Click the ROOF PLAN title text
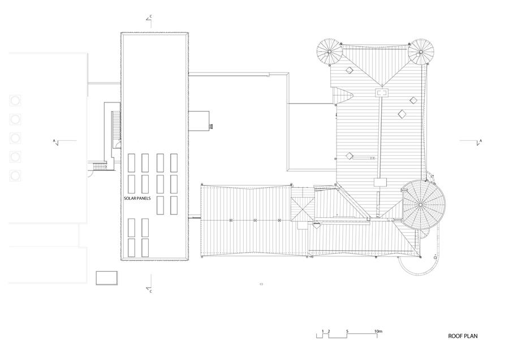(463, 336)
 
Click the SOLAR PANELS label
(137, 198)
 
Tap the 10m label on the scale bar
(378, 331)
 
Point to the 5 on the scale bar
(347, 331)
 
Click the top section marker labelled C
(150, 19)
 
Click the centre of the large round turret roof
(421, 205)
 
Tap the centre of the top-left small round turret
(330, 52)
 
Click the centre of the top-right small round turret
(421, 52)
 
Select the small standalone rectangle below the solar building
(106, 278)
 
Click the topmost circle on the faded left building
(15, 100)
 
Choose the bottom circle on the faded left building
(15, 176)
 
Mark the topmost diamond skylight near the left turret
(350, 70)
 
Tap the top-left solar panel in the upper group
(131, 163)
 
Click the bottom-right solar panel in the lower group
(145, 248)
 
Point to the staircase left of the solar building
(116, 126)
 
